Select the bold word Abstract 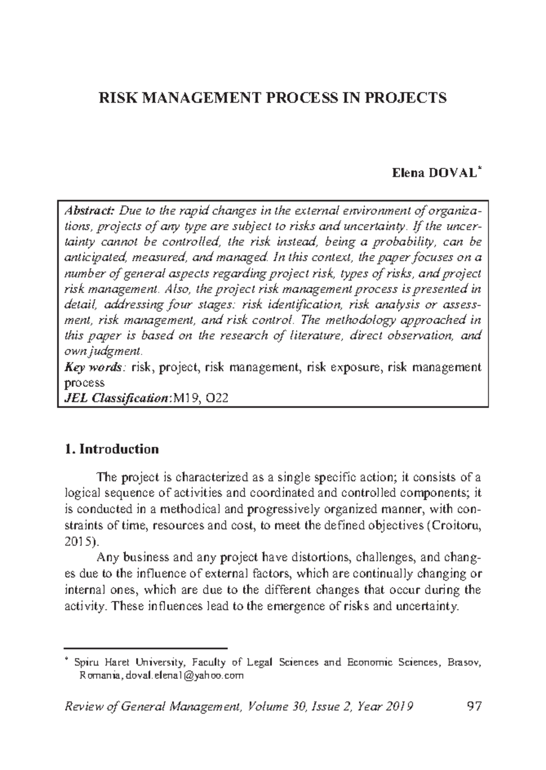click(x=89, y=211)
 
